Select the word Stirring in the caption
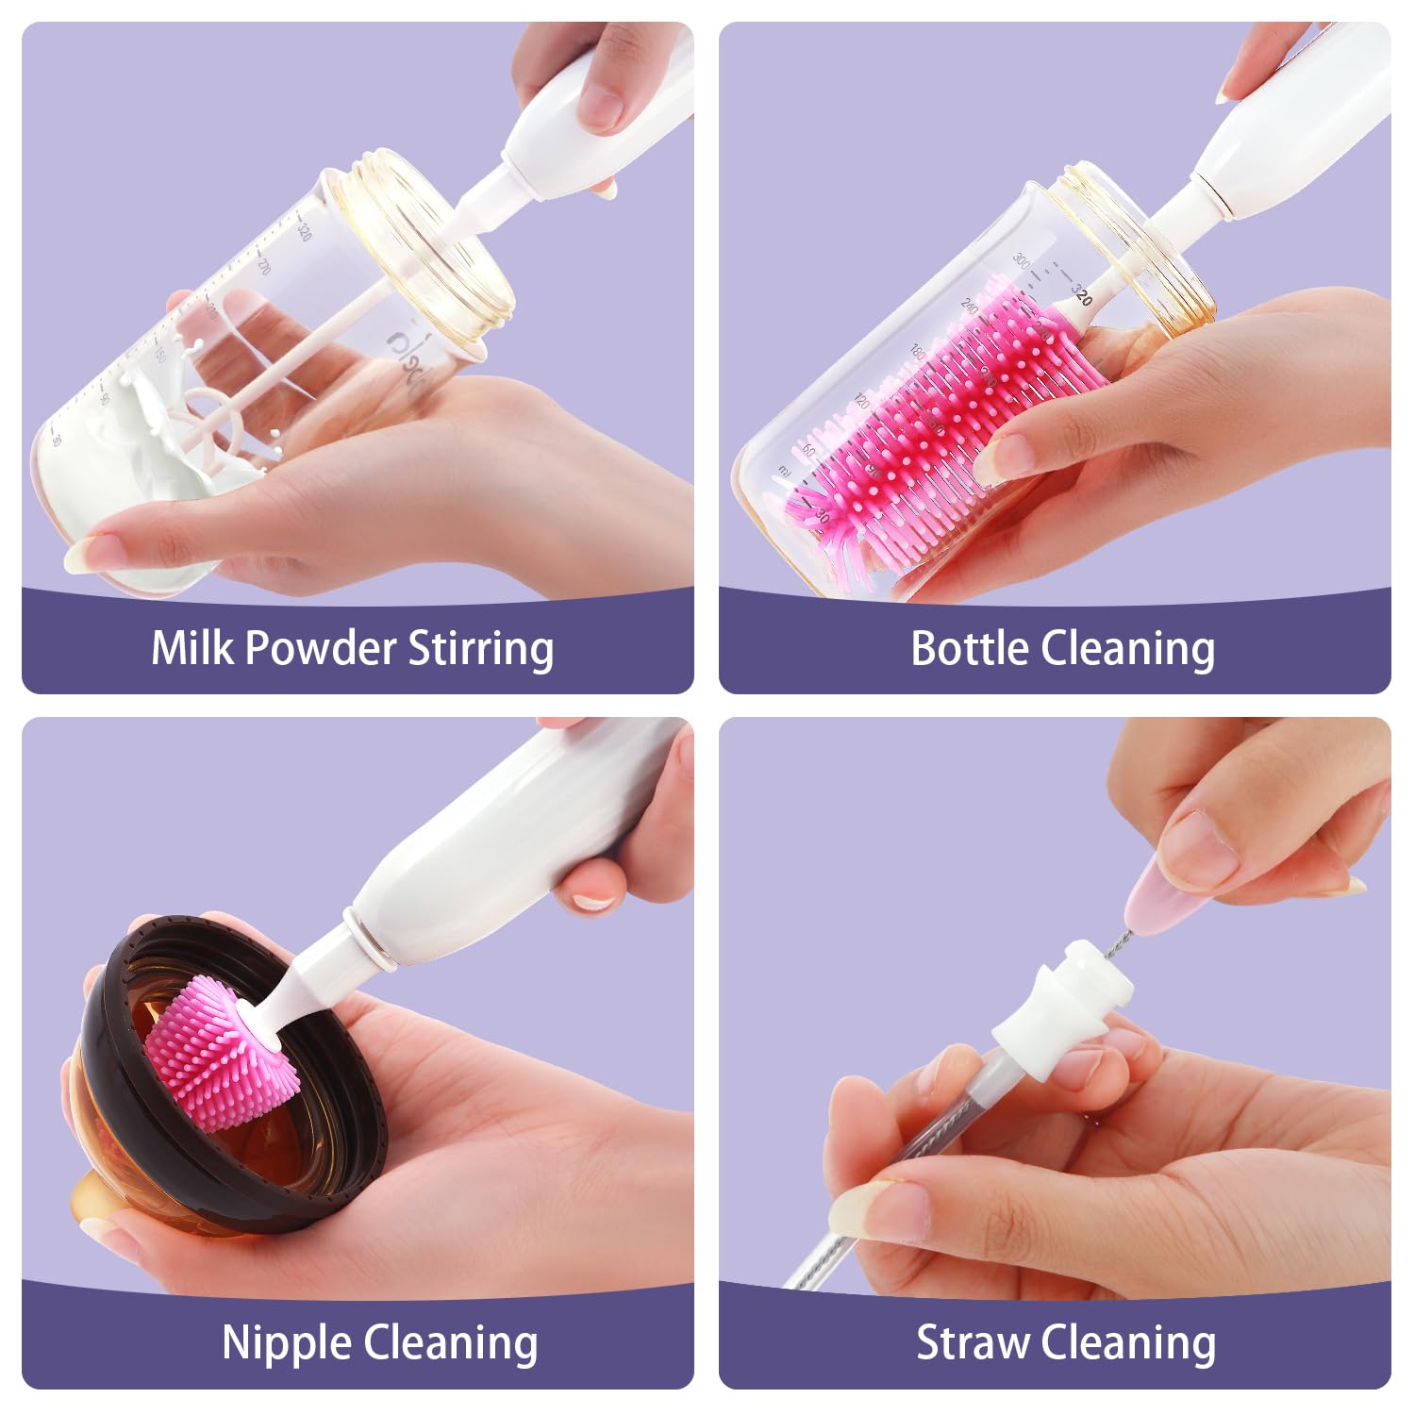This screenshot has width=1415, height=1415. tap(481, 650)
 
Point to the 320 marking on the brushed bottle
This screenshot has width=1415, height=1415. tap(1082, 294)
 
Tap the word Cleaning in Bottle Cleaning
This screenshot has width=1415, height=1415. tap(1127, 648)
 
